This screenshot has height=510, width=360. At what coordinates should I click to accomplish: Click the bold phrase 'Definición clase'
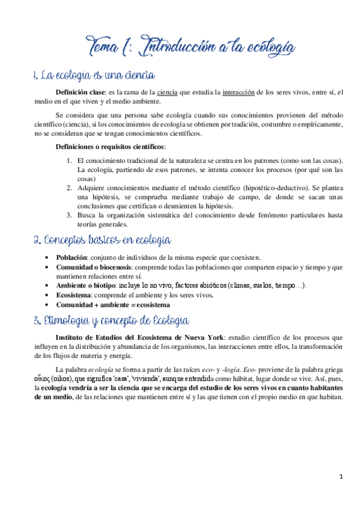(x=81, y=92)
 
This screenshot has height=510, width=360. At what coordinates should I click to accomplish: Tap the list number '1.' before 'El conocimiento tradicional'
(x=70, y=161)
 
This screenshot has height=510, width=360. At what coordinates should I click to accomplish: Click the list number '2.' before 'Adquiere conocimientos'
(x=70, y=188)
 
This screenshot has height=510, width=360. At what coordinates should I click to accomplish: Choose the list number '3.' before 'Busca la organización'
(x=70, y=215)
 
